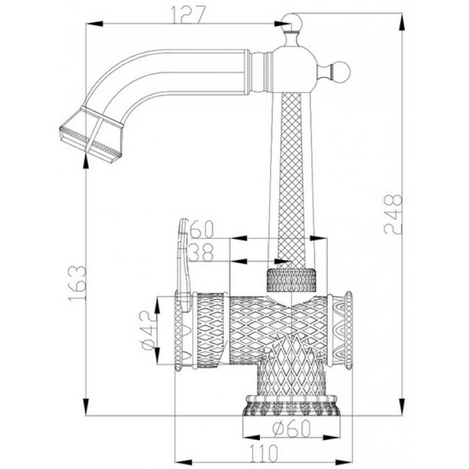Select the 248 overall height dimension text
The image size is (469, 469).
tap(395, 214)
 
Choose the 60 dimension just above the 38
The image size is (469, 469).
tap(202, 229)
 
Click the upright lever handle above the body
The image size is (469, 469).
tap(183, 255)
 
